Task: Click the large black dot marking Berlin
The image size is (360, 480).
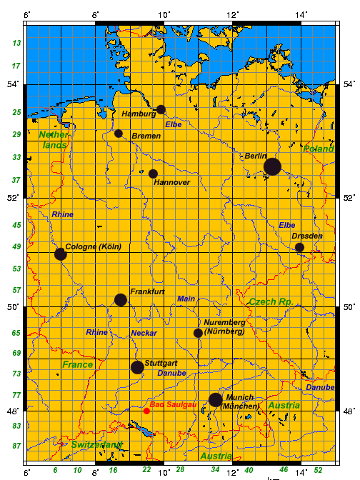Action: pyautogui.click(x=272, y=166)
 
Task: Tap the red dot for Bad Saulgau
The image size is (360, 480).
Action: pyautogui.click(x=146, y=411)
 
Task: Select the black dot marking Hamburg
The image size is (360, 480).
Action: pyautogui.click(x=161, y=109)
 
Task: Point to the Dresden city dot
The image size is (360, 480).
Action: pyautogui.click(x=299, y=247)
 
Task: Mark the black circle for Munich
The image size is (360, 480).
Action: pyautogui.click(x=215, y=399)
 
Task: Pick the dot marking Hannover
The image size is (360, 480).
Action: pyautogui.click(x=153, y=174)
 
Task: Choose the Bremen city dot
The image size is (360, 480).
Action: pyautogui.click(x=119, y=134)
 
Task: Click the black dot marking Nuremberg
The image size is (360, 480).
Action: pyautogui.click(x=198, y=333)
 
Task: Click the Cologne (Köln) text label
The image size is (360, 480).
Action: pyautogui.click(x=94, y=247)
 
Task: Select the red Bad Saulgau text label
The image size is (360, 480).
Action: pyautogui.click(x=174, y=404)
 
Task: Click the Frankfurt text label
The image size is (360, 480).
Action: pyautogui.click(x=148, y=292)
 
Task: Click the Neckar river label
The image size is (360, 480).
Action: pyautogui.click(x=144, y=333)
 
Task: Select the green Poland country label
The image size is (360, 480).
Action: pyautogui.click(x=319, y=149)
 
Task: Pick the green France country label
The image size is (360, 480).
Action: pyautogui.click(x=78, y=364)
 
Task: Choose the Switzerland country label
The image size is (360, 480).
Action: pyautogui.click(x=96, y=444)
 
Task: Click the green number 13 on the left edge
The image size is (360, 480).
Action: pyautogui.click(x=16, y=44)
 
